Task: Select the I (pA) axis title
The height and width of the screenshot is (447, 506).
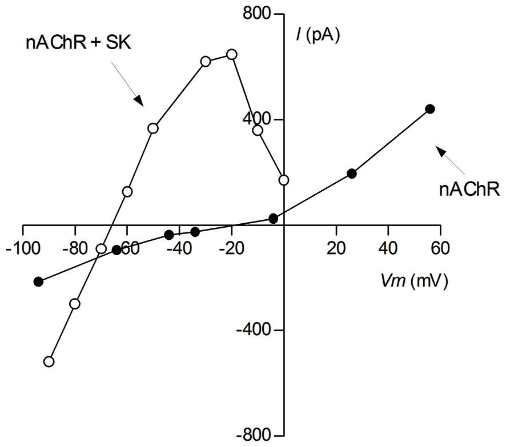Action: tap(316, 35)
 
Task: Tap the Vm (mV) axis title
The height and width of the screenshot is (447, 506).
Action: tap(415, 280)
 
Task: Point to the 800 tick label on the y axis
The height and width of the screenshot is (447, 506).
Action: tap(256, 14)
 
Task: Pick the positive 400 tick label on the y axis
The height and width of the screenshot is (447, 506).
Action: tap(256, 120)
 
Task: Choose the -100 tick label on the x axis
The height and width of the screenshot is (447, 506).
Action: tap(22, 249)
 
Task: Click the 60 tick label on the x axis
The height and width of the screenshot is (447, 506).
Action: tap(440, 249)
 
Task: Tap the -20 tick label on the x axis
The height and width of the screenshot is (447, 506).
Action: tap(231, 249)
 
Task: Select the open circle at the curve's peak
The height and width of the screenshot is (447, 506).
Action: tap(231, 54)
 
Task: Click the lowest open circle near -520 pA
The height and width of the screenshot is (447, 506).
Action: tap(49, 361)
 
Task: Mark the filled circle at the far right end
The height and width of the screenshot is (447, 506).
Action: tap(430, 109)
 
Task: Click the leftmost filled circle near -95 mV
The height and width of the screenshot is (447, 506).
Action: tap(38, 281)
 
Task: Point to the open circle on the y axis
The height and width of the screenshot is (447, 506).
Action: tap(284, 180)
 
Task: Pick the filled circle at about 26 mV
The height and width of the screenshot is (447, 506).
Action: tap(352, 174)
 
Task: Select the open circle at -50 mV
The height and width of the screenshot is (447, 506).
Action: tap(153, 128)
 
